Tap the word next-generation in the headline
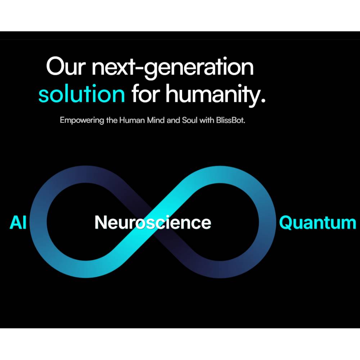pyautogui.click(x=172, y=68)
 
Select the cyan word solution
pyautogui.click(x=82, y=94)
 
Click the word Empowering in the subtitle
pyautogui.click(x=82, y=120)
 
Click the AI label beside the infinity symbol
pyautogui.click(x=18, y=222)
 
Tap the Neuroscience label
pyautogui.click(x=153, y=222)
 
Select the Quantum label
pyautogui.click(x=318, y=222)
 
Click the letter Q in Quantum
pyautogui.click(x=286, y=222)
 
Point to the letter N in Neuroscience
pyautogui.click(x=100, y=222)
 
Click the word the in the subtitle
pyautogui.click(x=112, y=120)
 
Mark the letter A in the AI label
pyautogui.click(x=15, y=222)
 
